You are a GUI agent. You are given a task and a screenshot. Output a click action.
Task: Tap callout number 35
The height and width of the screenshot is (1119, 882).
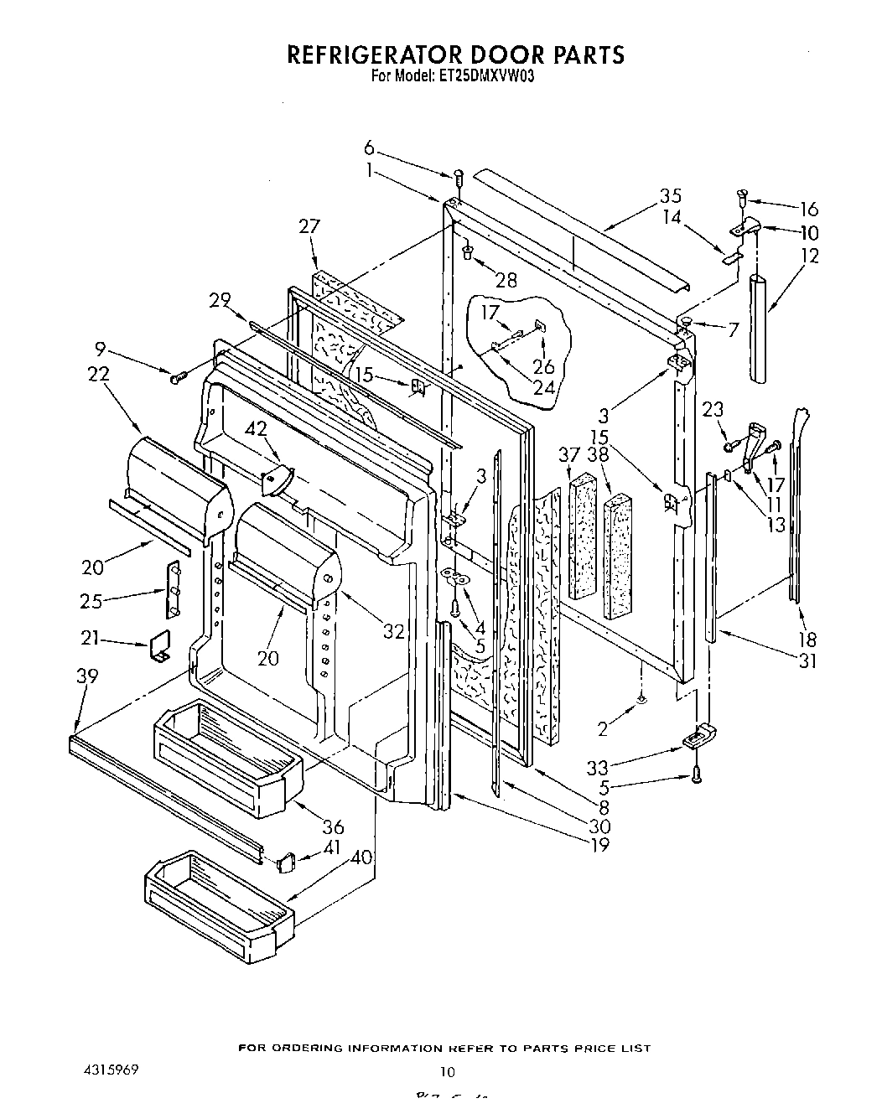[x=669, y=196]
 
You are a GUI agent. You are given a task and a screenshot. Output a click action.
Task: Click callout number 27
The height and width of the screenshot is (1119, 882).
[x=309, y=226]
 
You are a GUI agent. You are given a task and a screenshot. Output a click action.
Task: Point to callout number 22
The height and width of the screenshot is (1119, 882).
[x=99, y=375]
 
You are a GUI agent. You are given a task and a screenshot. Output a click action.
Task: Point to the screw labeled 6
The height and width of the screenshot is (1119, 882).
[x=459, y=177]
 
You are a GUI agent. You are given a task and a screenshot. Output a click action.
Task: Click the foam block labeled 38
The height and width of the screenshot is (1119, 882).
[x=617, y=557]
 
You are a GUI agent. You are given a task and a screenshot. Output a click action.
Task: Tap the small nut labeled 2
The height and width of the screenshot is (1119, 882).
[x=641, y=697]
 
